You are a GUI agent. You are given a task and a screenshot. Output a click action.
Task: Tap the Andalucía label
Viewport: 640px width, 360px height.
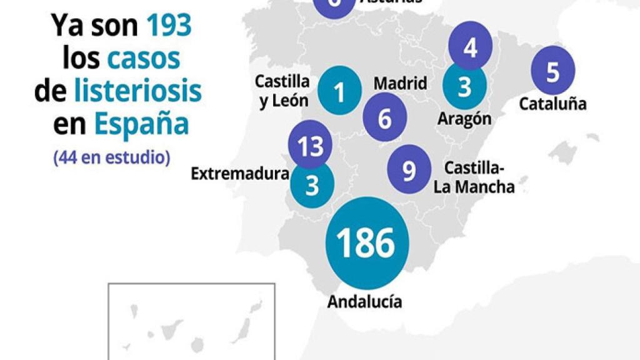(364, 302)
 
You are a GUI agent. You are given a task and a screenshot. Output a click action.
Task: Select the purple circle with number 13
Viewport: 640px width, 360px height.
(310, 146)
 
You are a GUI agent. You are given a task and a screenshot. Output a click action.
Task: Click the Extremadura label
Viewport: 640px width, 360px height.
(239, 174)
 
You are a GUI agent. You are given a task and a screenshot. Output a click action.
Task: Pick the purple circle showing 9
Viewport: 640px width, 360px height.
(409, 169)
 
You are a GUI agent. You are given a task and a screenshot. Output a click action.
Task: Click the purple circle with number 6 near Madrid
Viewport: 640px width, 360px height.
(384, 117)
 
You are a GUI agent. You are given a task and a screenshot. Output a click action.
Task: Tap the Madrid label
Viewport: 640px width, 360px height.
(400, 83)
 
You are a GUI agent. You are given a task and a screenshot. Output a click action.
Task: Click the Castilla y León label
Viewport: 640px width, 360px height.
(282, 91)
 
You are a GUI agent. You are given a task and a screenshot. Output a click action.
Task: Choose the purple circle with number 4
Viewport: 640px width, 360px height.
(470, 46)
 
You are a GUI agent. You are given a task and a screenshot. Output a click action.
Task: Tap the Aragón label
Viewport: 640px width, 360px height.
(464, 118)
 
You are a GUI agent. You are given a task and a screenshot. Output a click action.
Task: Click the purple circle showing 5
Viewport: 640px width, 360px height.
(552, 71)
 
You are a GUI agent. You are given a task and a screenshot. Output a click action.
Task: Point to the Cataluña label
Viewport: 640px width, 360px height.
(552, 104)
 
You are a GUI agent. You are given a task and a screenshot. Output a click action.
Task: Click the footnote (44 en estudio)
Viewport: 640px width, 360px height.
(112, 156)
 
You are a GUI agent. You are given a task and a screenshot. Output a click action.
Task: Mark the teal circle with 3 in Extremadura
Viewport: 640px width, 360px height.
(312, 185)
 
